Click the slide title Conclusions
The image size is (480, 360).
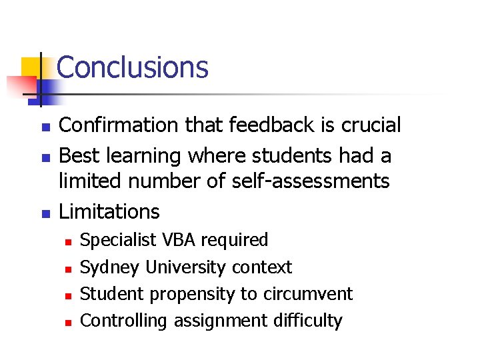[133, 67]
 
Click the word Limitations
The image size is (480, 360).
[109, 212]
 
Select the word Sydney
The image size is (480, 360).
[110, 268]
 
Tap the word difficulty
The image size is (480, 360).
[307, 321]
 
